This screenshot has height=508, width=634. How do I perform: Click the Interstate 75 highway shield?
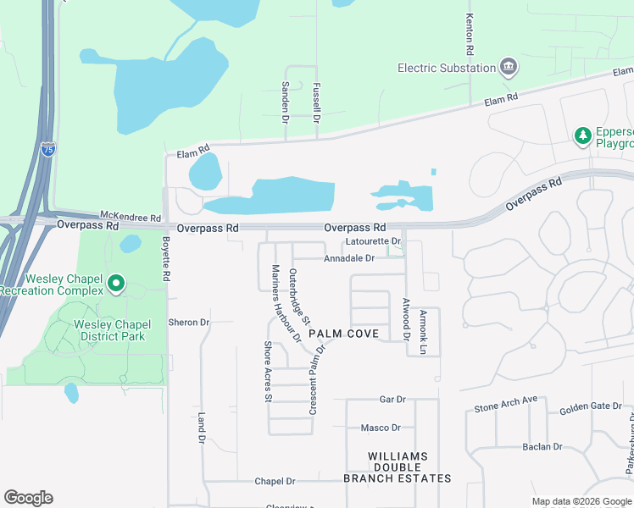pos(48,151)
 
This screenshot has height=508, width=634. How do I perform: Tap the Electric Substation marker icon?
pos(509,67)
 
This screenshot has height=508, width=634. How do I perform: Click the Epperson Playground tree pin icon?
pos(582,135)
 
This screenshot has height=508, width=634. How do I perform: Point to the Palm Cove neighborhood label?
pos(342,334)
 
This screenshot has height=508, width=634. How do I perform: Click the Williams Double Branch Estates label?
pos(398,467)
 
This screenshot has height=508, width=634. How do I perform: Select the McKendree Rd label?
pos(125,215)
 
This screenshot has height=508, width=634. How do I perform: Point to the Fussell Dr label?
pos(316,102)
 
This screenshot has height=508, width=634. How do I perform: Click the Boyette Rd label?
pos(166,257)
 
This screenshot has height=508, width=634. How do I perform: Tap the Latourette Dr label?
pos(374,241)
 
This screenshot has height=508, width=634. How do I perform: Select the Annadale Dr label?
pos(348,258)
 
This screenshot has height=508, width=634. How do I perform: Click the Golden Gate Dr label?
pos(591,407)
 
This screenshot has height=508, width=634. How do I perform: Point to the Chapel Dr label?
pos(275,481)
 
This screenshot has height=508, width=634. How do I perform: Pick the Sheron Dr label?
pos(188,323)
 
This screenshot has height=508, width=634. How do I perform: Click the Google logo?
pos(28,498)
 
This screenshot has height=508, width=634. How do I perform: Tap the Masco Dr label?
pos(381,428)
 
